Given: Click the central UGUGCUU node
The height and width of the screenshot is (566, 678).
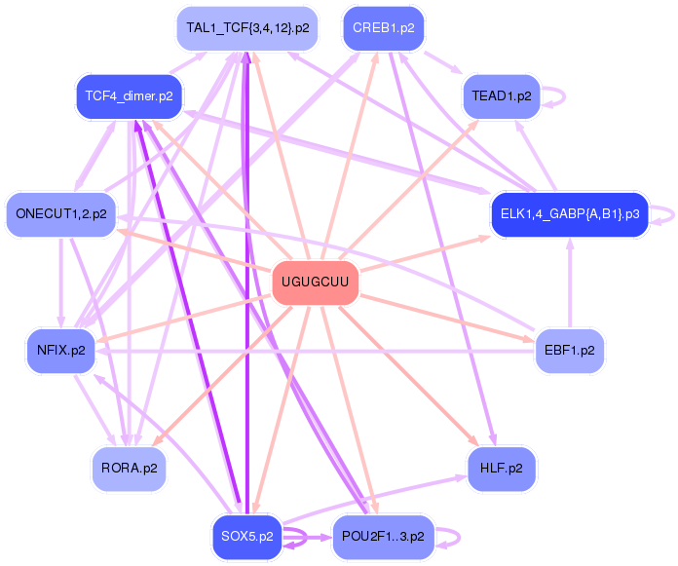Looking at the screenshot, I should tap(315, 283).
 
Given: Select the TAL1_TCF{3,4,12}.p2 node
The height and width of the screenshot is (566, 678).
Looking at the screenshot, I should tap(247, 28).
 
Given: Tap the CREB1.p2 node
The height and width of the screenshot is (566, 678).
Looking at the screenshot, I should tap(383, 28).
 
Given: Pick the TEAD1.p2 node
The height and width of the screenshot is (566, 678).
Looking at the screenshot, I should tap(501, 96).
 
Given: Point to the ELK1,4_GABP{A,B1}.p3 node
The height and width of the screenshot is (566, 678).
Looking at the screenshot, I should tap(569, 213).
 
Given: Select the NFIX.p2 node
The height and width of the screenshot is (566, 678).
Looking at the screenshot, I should tap(60, 350).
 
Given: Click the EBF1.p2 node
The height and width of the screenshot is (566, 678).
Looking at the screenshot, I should tap(570, 350).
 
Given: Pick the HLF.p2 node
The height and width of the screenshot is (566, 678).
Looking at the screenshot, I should tap(501, 469).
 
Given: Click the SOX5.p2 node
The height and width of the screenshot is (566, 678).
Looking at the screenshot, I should tap(246, 537).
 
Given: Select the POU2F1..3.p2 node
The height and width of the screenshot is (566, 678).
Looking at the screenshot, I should tap(383, 537).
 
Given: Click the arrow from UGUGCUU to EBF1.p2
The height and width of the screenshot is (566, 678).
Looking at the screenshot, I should tap(448, 318).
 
